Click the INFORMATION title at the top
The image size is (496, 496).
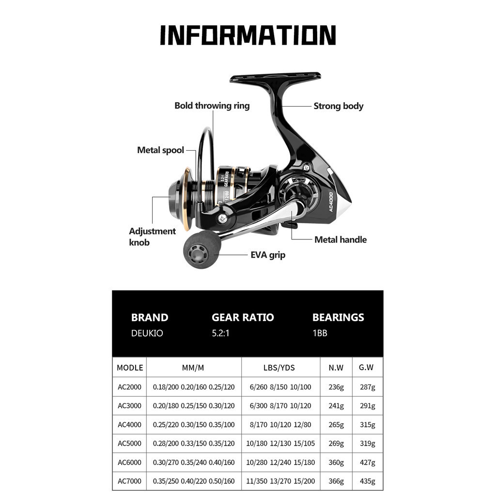(248, 35)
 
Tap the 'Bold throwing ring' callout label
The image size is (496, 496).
(212, 106)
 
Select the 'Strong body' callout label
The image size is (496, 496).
(338, 106)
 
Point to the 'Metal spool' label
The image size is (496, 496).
(160, 150)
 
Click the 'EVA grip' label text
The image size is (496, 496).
(268, 255)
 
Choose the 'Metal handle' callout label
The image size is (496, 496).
(341, 240)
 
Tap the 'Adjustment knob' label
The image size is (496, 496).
(152, 236)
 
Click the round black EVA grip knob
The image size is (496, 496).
(202, 249)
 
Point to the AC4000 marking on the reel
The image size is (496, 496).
(331, 202)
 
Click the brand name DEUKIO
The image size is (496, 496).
(147, 333)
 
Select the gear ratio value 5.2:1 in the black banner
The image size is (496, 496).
(220, 333)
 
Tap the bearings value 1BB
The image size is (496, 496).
(320, 333)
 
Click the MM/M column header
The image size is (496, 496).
(193, 368)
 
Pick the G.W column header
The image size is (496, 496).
(366, 368)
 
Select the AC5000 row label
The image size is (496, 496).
(129, 444)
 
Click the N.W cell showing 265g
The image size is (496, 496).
(336, 425)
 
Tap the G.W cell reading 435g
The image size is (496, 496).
(367, 481)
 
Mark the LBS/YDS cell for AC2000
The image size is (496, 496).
(280, 387)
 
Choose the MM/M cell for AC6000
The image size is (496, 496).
(194, 463)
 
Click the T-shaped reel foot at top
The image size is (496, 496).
(275, 77)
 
